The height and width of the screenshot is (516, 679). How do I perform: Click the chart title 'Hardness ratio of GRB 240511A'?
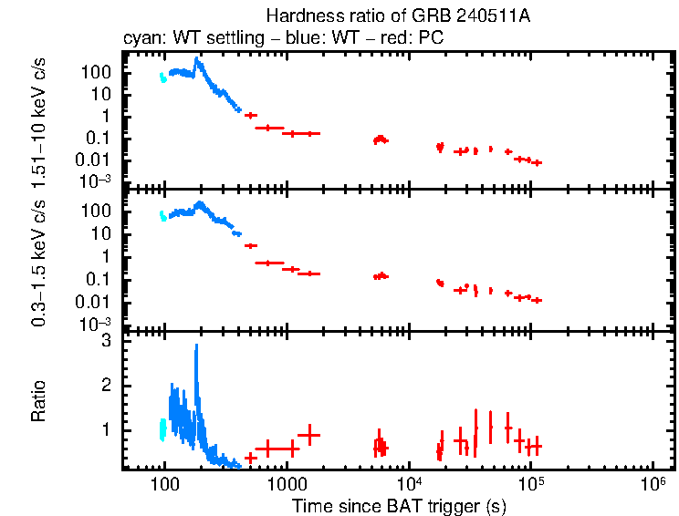coord(397,16)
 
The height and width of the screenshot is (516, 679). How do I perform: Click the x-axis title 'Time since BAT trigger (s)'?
coord(399,505)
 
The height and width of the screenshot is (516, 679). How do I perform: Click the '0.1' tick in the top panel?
coord(99,138)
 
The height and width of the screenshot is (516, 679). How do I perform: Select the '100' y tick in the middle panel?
coord(99,212)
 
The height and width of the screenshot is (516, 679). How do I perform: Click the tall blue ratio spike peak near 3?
coord(196,346)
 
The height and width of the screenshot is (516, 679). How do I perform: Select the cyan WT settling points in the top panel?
coord(163,77)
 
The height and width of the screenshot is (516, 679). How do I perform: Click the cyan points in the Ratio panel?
coord(163,428)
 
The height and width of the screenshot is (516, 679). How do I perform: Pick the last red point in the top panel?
coord(538,162)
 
